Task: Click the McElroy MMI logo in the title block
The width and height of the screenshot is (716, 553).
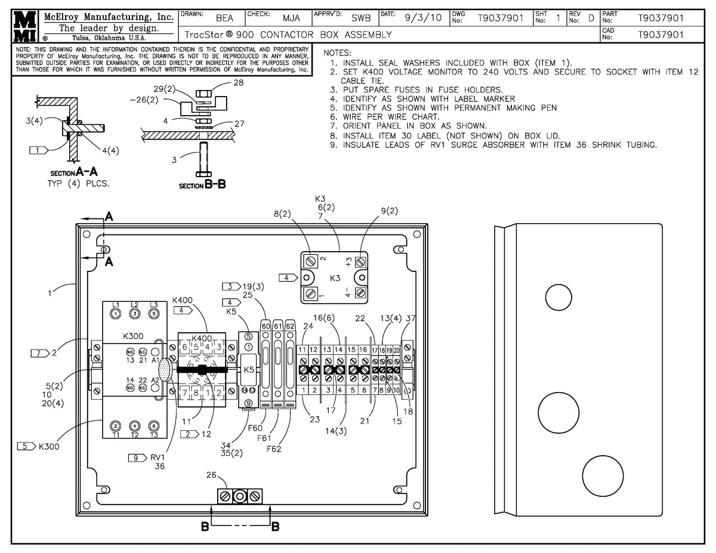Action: click(x=21, y=25)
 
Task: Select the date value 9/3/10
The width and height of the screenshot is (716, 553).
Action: click(x=422, y=18)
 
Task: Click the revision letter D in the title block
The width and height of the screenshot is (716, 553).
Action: click(x=591, y=18)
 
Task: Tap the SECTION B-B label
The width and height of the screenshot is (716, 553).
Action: click(x=202, y=185)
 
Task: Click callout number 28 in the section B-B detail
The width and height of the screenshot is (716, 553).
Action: click(x=238, y=83)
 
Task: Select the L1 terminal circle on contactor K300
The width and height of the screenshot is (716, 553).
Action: click(x=116, y=313)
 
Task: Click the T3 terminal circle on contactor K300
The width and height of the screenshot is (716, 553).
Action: click(x=154, y=425)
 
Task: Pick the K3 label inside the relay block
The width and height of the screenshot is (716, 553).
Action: click(x=335, y=278)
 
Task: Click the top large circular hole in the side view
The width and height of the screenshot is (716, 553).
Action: click(x=558, y=296)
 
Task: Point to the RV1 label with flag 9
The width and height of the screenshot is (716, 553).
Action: click(x=158, y=458)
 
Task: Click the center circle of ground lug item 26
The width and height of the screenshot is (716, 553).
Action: click(x=240, y=496)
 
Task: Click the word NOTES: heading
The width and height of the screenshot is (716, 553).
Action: click(x=337, y=53)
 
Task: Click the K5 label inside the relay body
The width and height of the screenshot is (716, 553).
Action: click(x=249, y=370)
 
